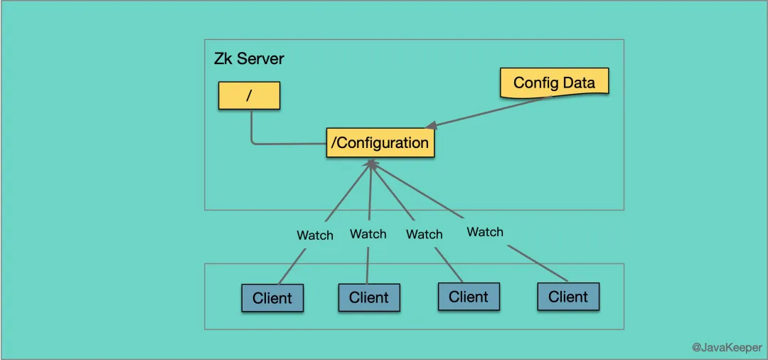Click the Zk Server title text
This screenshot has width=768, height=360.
(x=249, y=58)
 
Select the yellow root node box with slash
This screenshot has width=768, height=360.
(x=249, y=95)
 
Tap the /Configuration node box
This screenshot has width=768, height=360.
(x=380, y=143)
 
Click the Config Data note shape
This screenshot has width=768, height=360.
(x=554, y=83)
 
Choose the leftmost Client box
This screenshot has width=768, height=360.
(x=272, y=298)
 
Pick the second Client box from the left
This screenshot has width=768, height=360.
(x=369, y=297)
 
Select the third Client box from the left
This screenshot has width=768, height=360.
(x=469, y=297)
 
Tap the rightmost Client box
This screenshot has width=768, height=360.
(x=568, y=297)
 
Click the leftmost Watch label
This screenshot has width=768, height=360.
(x=315, y=235)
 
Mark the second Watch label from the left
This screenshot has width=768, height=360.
(x=368, y=233)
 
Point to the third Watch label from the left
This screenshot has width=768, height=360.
(x=425, y=234)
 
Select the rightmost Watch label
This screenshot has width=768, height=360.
(x=485, y=232)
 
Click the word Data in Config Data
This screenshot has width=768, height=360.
(x=579, y=83)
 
